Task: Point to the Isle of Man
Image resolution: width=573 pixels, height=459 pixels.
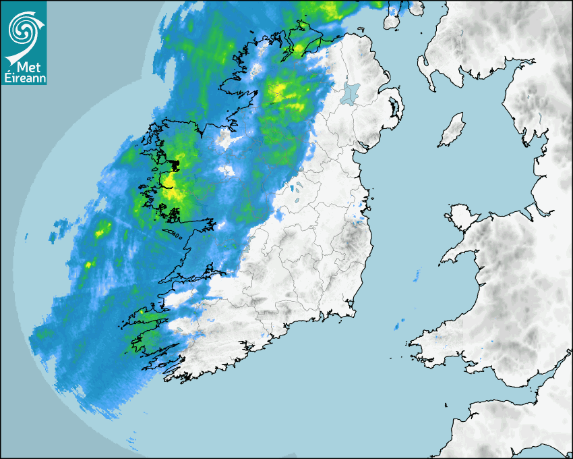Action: (x=452, y=130)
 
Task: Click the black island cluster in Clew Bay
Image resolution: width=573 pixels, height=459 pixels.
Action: (x=174, y=163)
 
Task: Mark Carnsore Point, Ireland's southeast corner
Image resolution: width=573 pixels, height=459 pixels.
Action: (x=351, y=311)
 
